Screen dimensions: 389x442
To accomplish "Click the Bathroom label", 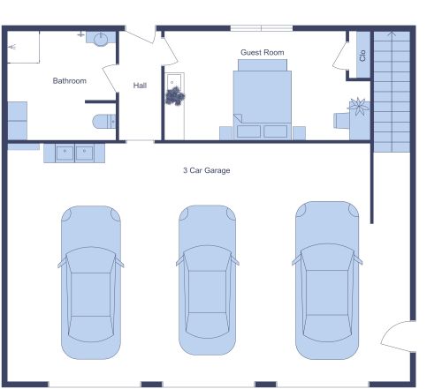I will [x=69, y=81].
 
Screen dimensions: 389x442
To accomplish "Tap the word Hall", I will [x=140, y=86].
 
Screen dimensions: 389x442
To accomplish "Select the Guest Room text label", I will [x=263, y=53].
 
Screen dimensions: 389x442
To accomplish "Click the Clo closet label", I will [x=362, y=54].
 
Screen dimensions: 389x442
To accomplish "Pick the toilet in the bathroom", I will [x=103, y=121].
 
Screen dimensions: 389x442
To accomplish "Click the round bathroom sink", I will [x=100, y=39].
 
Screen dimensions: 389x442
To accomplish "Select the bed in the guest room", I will [x=263, y=99].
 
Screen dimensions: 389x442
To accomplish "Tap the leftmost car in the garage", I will [x=89, y=282].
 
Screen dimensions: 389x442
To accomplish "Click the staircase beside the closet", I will [x=389, y=88].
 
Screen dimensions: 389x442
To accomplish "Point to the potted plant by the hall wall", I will [x=175, y=96].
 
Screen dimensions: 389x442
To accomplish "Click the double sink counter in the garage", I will [x=74, y=153].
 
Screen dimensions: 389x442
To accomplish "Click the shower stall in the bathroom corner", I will [x=24, y=48].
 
